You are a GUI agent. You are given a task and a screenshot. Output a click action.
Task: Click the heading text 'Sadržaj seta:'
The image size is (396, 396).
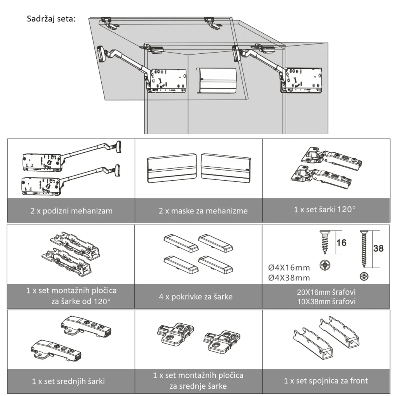pos(51,19)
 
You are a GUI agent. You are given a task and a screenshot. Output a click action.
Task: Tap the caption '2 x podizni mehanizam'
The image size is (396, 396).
pos(72,211)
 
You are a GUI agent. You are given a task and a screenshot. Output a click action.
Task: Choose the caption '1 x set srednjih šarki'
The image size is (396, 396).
pos(68,381)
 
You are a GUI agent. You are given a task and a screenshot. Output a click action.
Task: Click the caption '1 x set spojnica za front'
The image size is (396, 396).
pos(326,381)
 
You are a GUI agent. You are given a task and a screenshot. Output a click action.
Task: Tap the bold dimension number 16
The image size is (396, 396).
pos(341,243)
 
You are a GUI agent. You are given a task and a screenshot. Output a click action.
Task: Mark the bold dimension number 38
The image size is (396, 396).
pos(378,248)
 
